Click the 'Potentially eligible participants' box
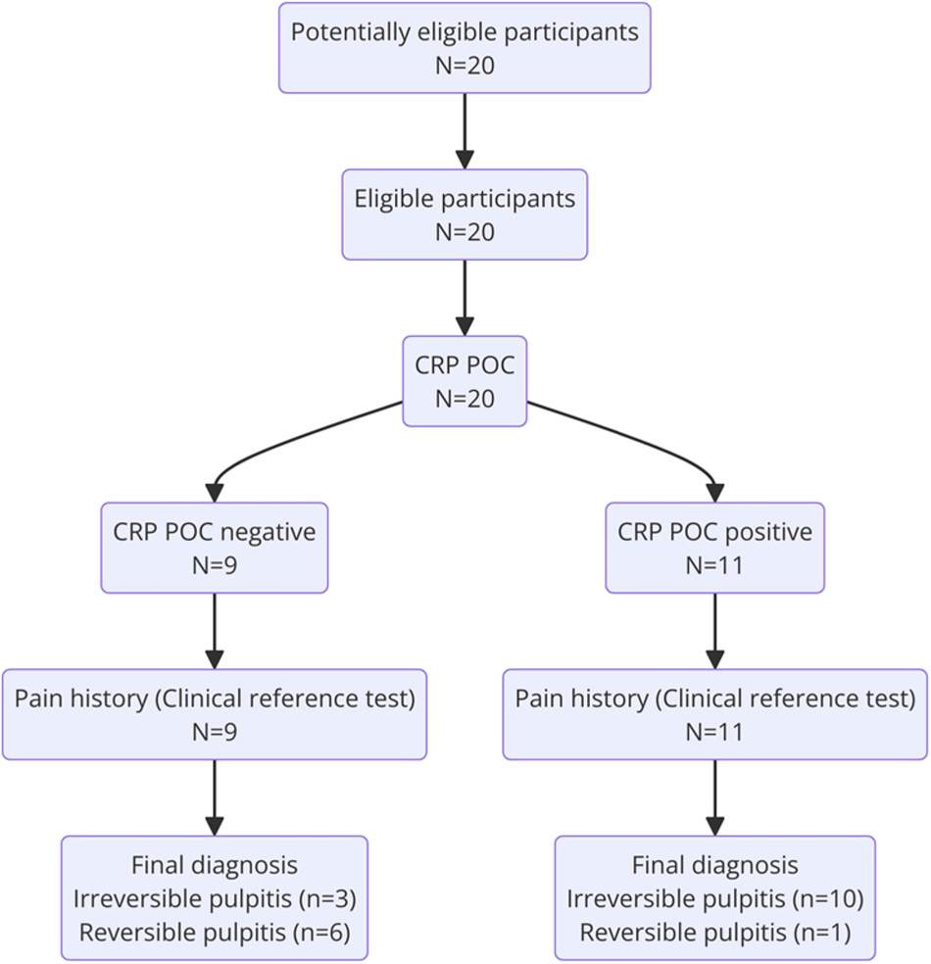pos(465,47)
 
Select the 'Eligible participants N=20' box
pos(465,215)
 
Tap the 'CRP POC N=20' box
pos(465,381)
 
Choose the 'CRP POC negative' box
pos(214,548)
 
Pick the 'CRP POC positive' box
pos(714,548)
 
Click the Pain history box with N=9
pos(214,714)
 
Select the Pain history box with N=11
pos(714,714)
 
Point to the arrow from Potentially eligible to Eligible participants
pos(465,130)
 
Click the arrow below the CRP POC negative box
pos(214,631)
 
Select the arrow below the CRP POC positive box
pos(714,631)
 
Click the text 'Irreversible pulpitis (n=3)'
pos(214,898)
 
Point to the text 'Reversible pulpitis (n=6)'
pos(214,931)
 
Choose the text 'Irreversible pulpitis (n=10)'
pos(714,898)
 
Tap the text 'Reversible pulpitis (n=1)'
pos(714,931)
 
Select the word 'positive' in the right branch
pos(769,532)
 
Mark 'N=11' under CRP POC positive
pos(714,565)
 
